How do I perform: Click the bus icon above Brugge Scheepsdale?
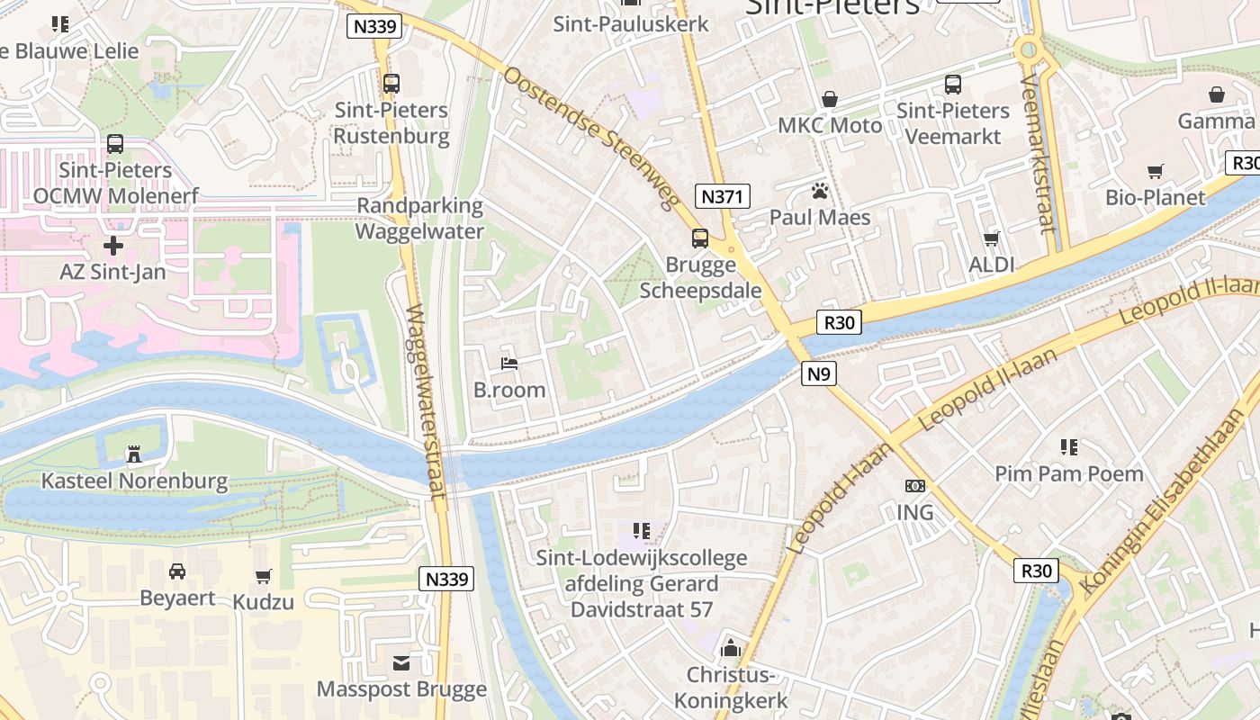(700, 238)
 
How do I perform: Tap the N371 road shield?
(723, 196)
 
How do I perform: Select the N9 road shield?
(818, 373)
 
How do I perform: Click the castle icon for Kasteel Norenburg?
(134, 454)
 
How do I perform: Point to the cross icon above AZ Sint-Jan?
(113, 245)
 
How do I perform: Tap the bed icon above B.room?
(509, 364)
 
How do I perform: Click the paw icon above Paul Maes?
(820, 191)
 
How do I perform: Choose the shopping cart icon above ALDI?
(992, 238)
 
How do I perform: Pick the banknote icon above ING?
(915, 486)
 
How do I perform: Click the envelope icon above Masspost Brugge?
(401, 663)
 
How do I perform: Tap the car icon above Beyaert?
(177, 571)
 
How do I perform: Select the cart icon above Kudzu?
(264, 576)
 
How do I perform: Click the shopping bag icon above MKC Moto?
(830, 99)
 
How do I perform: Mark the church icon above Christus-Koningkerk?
(731, 648)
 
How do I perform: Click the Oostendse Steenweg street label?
(589, 139)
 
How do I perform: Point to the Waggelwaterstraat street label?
(426, 401)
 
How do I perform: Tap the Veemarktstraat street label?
(1037, 153)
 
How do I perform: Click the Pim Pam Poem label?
(1069, 473)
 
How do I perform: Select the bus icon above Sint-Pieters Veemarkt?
(953, 85)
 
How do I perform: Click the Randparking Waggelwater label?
(419, 218)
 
